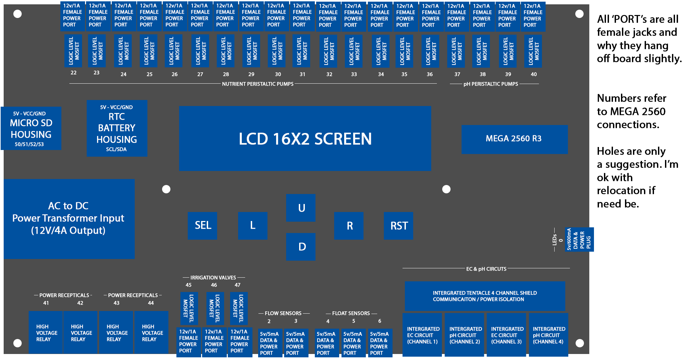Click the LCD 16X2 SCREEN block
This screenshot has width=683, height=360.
point(305,139)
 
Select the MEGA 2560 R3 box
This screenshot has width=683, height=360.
point(515,139)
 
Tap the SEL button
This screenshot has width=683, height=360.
point(202,226)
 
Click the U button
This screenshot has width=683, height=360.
point(301,208)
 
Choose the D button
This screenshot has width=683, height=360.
point(301,247)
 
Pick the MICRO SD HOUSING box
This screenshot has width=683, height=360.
point(31,128)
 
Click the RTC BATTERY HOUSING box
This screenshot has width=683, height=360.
point(117,128)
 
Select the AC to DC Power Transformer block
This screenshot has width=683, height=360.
point(69,219)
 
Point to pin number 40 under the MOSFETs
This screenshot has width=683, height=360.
point(534,74)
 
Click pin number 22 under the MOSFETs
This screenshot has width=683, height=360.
point(74,73)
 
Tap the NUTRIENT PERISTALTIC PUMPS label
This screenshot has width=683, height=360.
point(258,84)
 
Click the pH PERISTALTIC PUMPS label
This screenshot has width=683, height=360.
point(491,84)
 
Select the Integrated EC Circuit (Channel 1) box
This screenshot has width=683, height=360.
point(422,335)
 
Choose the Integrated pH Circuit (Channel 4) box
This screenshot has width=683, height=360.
point(549,335)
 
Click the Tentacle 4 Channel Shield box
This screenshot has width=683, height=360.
point(485,296)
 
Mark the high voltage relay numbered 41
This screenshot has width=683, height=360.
point(46,332)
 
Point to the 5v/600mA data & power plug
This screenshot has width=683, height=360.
point(579,239)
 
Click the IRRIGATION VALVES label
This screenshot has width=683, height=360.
point(213,278)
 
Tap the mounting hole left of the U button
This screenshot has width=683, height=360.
point(166,189)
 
